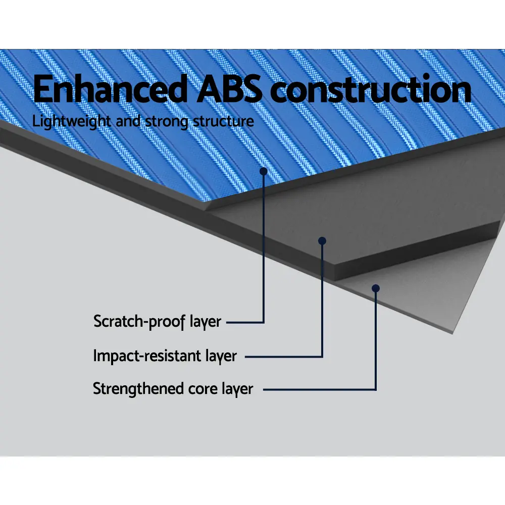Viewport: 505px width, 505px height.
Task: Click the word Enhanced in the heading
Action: (110, 88)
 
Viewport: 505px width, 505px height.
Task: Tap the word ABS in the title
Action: (230, 88)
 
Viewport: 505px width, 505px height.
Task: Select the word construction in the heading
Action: (371, 88)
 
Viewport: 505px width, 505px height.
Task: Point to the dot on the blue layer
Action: (264, 171)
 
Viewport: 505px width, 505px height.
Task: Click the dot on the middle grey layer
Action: (322, 241)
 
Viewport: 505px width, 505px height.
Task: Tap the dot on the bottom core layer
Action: (376, 288)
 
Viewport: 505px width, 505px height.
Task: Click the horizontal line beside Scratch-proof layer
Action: (245, 322)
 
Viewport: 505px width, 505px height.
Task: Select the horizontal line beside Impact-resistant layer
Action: (284, 357)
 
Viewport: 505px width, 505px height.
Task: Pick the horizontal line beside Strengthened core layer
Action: (320, 390)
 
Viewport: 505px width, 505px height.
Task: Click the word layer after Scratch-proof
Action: (205, 322)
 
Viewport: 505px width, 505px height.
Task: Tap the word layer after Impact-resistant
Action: (221, 356)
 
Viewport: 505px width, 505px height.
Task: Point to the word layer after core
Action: (237, 389)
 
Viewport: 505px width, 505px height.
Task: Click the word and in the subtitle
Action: (128, 121)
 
